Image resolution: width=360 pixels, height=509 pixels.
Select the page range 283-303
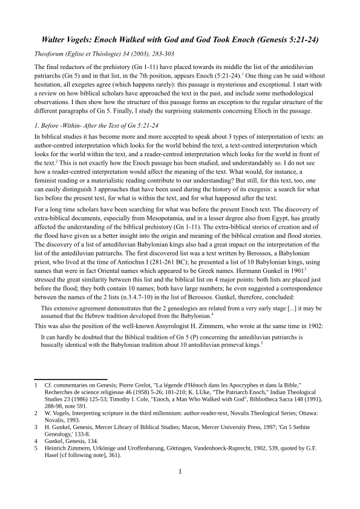[163, 54]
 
